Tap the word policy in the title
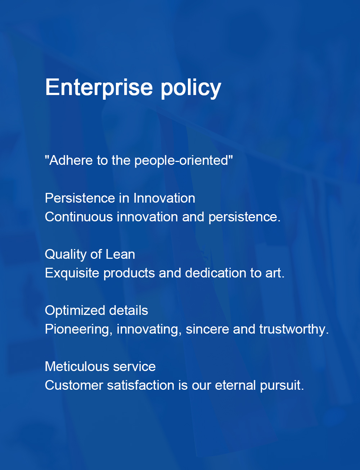coord(190,88)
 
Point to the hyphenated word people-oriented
coord(181,161)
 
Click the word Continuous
coord(79,217)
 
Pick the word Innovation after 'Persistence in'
coord(164,198)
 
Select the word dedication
coord(216,273)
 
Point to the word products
coord(129,274)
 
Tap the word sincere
coord(207,329)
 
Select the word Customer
coord(74,386)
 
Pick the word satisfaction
coord(141,385)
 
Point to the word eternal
coord(235,386)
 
